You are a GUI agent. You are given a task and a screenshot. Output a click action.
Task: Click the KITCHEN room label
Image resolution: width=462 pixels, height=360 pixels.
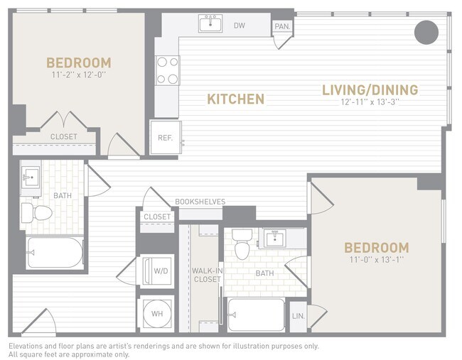click(235, 99)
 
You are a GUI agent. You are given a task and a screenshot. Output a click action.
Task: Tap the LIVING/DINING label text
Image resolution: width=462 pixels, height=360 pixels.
click(370, 90)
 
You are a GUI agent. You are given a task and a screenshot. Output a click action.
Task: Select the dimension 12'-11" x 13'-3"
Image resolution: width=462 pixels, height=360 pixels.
click(370, 102)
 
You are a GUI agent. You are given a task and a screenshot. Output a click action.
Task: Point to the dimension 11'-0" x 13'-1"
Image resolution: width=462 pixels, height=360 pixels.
click(376, 259)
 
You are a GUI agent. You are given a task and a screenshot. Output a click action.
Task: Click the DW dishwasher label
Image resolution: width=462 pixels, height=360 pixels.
click(240, 26)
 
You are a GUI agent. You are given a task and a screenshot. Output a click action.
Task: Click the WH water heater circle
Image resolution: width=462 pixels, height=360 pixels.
click(156, 313)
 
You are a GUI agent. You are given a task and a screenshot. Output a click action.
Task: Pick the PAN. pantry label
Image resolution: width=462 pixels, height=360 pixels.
click(281, 27)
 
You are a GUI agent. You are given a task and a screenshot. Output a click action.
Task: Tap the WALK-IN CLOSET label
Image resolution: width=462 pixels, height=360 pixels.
click(205, 275)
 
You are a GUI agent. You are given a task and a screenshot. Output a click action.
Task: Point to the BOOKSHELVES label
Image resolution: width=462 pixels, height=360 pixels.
click(200, 202)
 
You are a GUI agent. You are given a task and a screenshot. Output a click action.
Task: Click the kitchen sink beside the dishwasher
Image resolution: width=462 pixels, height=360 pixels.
click(210, 24)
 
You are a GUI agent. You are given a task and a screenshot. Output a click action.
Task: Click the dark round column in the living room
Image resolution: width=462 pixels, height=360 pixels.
click(426, 31)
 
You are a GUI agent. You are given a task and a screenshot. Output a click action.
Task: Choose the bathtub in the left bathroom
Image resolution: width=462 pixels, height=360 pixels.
click(55, 252)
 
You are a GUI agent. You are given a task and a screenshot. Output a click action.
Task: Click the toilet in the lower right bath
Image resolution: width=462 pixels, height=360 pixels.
click(242, 244)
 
